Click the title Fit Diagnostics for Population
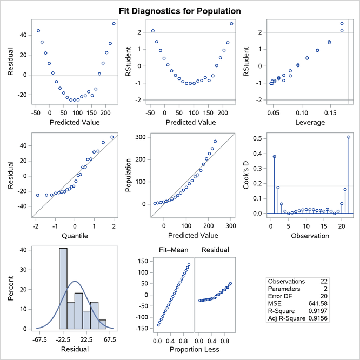tap(180, 11)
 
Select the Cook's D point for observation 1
tap(274, 157)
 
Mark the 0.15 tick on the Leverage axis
tap(329, 114)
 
